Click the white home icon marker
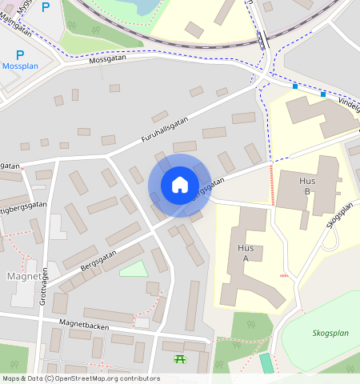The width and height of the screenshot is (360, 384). (179, 185)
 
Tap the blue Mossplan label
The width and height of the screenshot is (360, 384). (21, 66)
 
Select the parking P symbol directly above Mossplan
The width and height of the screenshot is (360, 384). (20, 54)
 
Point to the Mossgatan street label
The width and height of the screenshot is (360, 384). (108, 59)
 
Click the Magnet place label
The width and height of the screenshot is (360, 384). (24, 276)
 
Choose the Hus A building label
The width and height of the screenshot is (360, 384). (246, 253)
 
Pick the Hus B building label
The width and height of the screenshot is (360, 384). (305, 186)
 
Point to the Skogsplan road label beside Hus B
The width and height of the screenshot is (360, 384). (339, 214)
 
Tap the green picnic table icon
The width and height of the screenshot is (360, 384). (181, 360)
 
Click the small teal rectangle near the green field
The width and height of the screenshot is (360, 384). (266, 362)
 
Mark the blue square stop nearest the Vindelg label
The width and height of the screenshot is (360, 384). (323, 94)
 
